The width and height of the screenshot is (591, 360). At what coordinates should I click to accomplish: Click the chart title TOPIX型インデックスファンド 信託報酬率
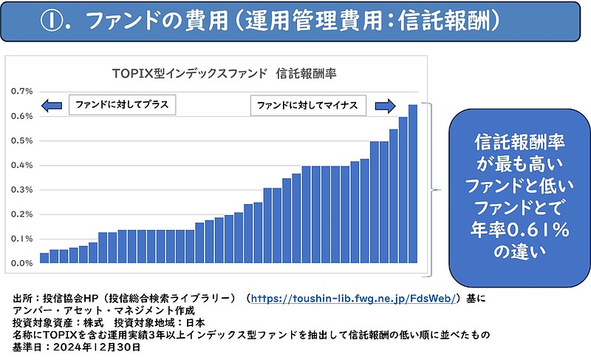[218, 72]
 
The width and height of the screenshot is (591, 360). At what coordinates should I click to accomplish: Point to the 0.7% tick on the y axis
[21, 91]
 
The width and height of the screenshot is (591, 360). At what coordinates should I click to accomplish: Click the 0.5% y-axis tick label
[21, 140]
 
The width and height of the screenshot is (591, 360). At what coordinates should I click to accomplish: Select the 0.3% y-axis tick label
[21, 190]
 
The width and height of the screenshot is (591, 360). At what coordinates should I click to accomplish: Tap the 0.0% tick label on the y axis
[21, 263]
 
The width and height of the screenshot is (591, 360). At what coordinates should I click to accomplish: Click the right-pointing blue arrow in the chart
[384, 106]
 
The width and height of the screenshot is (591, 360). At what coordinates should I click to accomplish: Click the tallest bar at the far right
[412, 184]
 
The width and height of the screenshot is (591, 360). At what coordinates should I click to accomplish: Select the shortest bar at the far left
[44, 258]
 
